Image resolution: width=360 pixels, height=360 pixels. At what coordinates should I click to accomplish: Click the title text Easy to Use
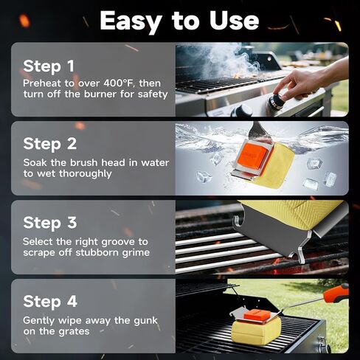179,21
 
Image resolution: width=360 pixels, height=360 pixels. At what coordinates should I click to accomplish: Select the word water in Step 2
155,162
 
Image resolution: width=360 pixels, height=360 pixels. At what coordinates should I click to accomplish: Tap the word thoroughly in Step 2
86,173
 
